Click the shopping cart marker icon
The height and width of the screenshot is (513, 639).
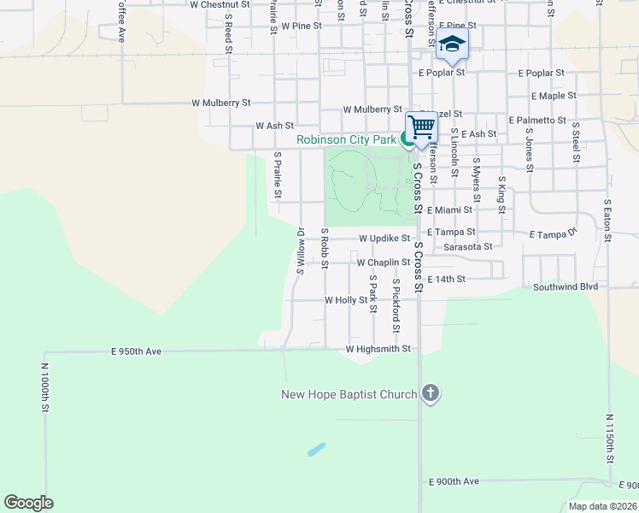(421, 127)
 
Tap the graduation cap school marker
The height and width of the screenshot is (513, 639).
(452, 44)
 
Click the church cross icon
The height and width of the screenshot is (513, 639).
(431, 394)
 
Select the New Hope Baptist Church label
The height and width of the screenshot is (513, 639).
(349, 394)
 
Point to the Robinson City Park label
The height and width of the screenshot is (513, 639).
(346, 139)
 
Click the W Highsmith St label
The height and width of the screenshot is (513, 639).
(378, 349)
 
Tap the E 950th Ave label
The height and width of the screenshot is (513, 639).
(137, 351)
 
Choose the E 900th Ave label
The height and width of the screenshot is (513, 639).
(454, 482)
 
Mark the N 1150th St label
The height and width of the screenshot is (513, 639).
(610, 439)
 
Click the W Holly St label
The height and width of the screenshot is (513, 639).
(346, 300)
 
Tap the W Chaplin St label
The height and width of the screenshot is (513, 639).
(384, 262)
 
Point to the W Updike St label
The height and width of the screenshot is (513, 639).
(384, 239)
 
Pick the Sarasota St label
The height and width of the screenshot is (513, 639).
(468, 246)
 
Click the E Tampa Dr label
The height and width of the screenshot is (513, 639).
(554, 233)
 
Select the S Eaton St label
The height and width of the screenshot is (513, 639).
(607, 220)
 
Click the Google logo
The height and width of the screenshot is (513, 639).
(28, 503)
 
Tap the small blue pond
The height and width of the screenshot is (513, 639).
(316, 449)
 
